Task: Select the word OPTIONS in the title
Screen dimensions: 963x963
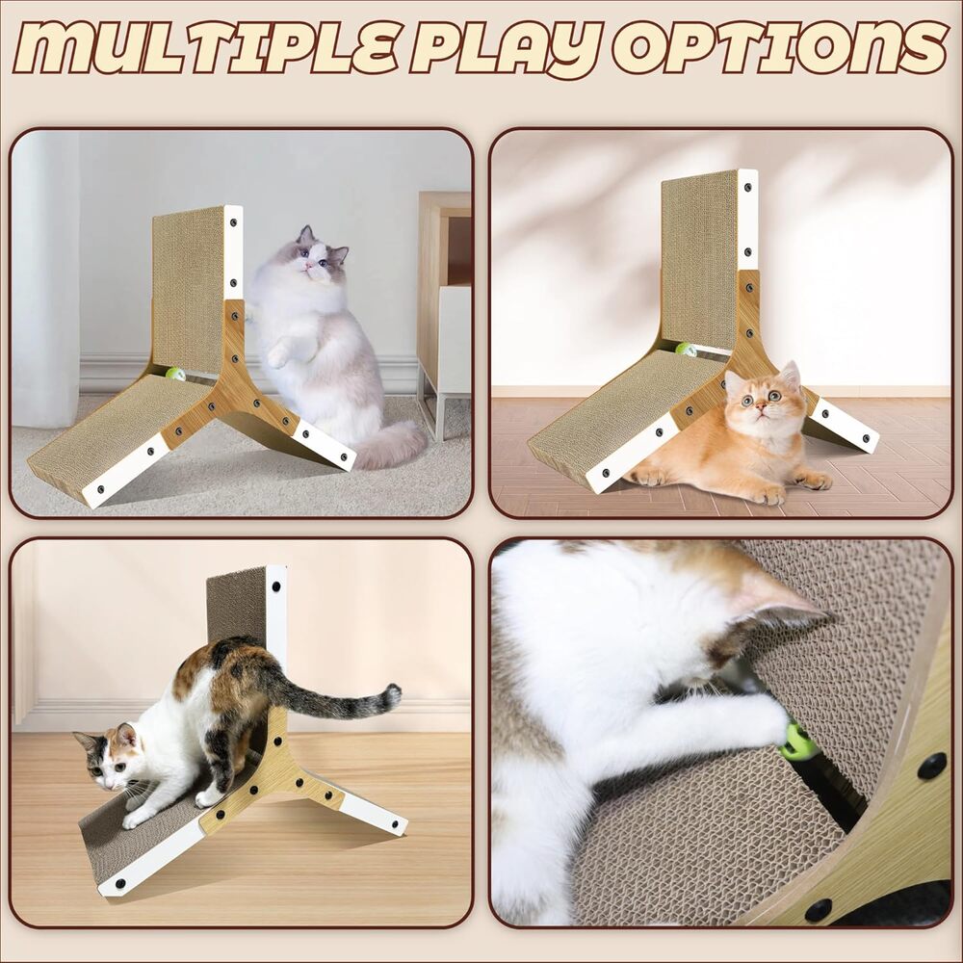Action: pyautogui.click(x=781, y=46)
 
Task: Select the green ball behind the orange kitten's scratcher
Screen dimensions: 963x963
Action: pyautogui.click(x=685, y=351)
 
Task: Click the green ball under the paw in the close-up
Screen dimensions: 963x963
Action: pyautogui.click(x=799, y=741)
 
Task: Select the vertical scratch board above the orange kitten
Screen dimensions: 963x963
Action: pyautogui.click(x=699, y=261)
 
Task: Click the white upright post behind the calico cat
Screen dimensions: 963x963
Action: pyautogui.click(x=275, y=634)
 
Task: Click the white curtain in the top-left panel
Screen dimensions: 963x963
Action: pyautogui.click(x=46, y=276)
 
